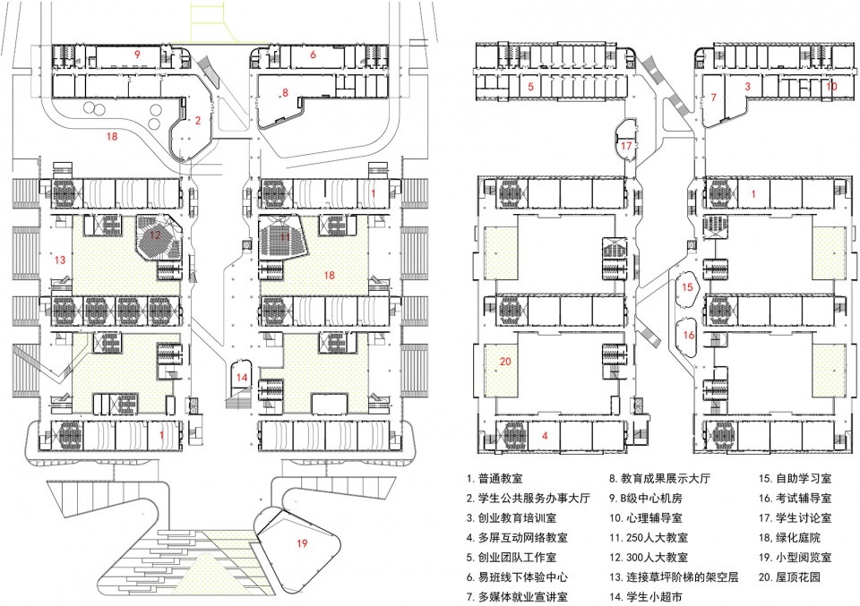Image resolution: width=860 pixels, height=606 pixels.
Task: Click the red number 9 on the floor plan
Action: [x=137, y=55]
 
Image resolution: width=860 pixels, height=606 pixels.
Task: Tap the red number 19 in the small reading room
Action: [x=302, y=542]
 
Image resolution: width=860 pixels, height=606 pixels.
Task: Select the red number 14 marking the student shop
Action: [x=242, y=378]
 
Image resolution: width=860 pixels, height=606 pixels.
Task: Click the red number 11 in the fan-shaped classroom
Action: [x=286, y=238]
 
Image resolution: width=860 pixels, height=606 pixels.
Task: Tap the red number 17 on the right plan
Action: [x=626, y=145]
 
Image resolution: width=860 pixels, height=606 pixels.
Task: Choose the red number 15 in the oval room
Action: [x=687, y=287]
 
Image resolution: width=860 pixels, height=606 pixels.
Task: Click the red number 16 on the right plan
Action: [x=688, y=334]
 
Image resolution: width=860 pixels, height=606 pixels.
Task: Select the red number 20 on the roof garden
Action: [x=505, y=362]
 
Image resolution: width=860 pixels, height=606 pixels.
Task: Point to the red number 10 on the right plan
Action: [x=831, y=87]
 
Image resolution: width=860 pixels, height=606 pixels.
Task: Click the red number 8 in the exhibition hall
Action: [x=285, y=92]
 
